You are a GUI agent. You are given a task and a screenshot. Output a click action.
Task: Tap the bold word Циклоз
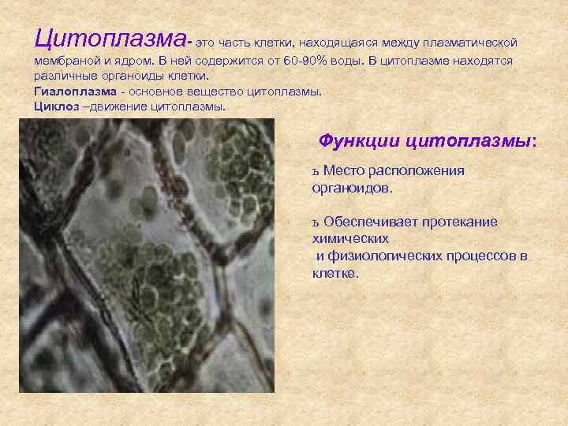click(x=56, y=106)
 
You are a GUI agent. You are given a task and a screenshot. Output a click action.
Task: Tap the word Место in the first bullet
click(x=342, y=171)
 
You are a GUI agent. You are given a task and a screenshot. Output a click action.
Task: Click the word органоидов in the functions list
click(x=351, y=189)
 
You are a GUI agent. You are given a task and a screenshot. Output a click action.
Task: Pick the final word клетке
click(x=334, y=274)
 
